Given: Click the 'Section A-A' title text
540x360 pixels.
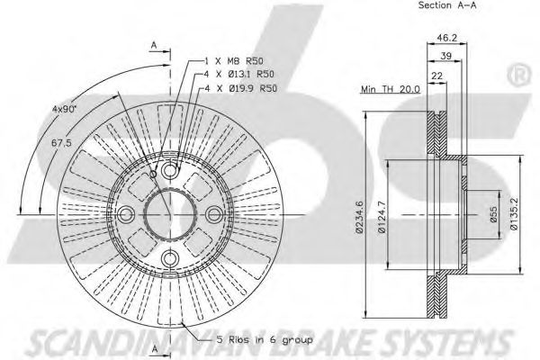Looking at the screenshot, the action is point(447,5).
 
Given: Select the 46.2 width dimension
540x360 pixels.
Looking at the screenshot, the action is point(446,38).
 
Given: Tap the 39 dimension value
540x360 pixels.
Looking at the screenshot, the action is point(446,56).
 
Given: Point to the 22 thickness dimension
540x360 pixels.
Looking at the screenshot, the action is point(436,76).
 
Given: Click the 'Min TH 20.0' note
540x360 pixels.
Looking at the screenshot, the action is point(391,89).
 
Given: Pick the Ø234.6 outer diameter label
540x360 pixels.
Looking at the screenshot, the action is point(359,217).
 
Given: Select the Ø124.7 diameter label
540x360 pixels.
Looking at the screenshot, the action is point(382,217).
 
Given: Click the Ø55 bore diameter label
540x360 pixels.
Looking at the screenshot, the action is point(493,214).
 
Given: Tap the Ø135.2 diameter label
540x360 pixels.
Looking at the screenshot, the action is point(514,214).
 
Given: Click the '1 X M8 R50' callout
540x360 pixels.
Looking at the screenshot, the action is point(234,61).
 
